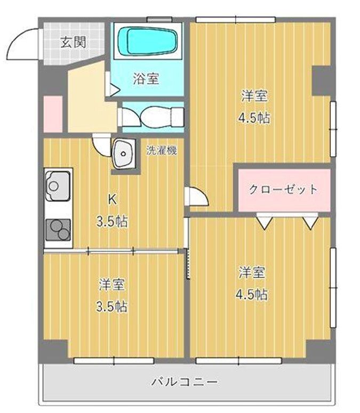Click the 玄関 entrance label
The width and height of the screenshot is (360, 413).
(x=73, y=42)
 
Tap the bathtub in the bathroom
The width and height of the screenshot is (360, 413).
(x=148, y=41)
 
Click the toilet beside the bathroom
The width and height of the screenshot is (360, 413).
(x=152, y=116)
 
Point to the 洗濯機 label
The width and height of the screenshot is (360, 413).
(x=162, y=150)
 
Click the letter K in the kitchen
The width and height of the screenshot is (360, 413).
(x=112, y=200)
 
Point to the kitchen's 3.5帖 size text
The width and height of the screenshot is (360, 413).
(x=112, y=221)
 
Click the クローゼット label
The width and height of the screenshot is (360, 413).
(x=283, y=189)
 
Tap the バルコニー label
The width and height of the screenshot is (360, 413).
(x=184, y=382)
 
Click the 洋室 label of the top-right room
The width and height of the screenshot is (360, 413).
(x=254, y=97)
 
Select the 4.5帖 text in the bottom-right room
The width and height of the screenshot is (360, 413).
(x=252, y=294)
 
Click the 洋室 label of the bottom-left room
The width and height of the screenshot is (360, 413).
(x=112, y=285)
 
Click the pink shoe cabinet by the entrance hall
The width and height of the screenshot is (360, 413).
(x=53, y=113)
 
